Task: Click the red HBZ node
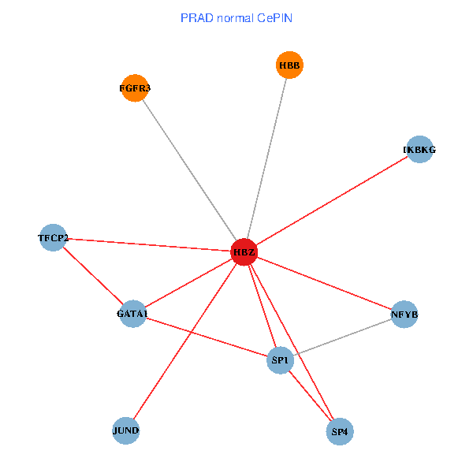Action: point(244,252)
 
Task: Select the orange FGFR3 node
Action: point(135,88)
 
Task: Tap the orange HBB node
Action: point(289,65)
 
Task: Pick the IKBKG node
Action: point(419,149)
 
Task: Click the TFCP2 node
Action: point(54,237)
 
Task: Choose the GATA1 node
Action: point(132,314)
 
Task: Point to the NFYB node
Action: point(404,315)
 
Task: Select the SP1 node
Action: point(281,360)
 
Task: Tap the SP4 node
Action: point(340,431)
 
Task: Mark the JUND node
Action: point(126,430)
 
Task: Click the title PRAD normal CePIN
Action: point(236,17)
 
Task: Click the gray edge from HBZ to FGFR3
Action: point(189,170)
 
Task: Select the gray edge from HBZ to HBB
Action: point(266,158)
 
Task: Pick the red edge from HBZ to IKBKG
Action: point(331,201)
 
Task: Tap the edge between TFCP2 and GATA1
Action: point(93,276)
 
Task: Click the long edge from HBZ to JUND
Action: point(184,341)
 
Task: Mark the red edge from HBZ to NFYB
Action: point(323,284)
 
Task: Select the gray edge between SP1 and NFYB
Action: point(342,337)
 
